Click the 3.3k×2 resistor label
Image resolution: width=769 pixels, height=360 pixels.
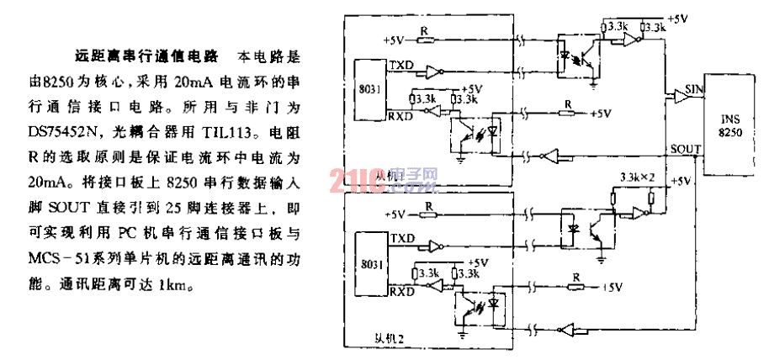pos(636,178)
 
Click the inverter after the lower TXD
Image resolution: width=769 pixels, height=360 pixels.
pos(435,246)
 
